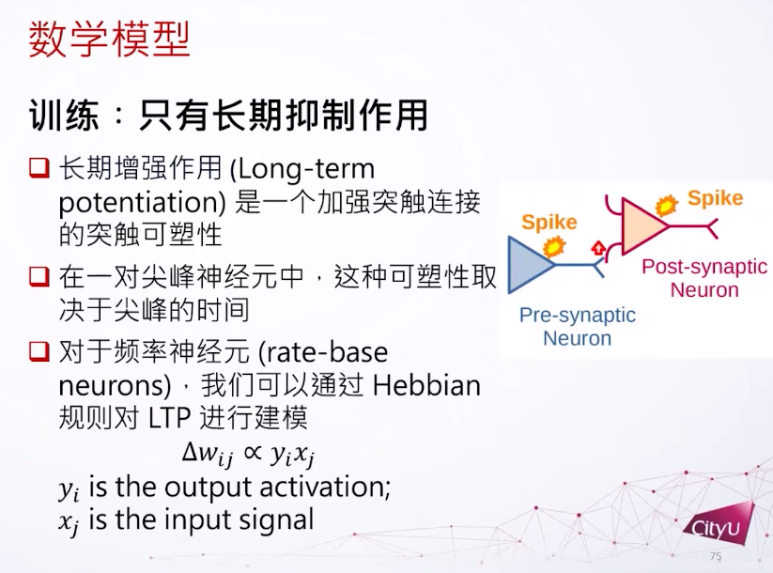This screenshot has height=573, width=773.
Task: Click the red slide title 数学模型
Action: (x=109, y=39)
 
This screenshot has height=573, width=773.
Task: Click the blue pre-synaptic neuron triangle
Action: (x=530, y=265)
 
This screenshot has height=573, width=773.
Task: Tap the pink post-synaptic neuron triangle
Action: (x=643, y=225)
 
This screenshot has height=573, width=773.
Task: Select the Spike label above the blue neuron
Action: (x=549, y=222)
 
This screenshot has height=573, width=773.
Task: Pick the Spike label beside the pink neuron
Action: (x=716, y=198)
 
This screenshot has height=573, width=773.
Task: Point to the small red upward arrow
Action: (x=598, y=248)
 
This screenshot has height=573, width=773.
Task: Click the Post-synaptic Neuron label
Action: (x=704, y=278)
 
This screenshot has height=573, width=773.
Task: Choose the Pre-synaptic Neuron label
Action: (x=578, y=327)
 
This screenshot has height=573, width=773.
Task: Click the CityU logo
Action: (x=719, y=525)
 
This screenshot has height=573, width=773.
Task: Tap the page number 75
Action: (x=716, y=556)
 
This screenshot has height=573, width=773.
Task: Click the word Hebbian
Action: (x=426, y=385)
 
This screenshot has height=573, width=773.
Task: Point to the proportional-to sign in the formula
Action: (x=253, y=452)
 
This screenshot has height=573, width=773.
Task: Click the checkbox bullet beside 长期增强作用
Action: (x=39, y=167)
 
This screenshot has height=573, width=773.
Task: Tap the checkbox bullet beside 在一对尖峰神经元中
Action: (x=39, y=276)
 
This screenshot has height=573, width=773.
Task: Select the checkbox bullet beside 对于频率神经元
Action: (x=39, y=351)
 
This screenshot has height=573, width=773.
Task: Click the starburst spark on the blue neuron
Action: (x=554, y=245)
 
